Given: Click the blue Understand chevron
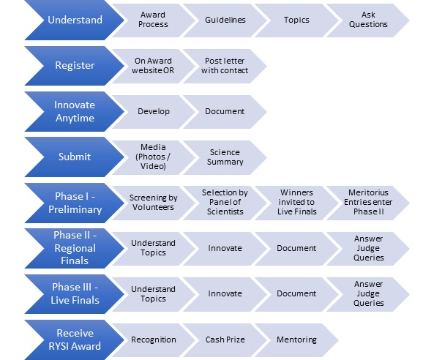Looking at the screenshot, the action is [x=75, y=20].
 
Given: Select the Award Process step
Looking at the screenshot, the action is [x=153, y=20].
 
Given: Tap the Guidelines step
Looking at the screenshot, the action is [x=225, y=20].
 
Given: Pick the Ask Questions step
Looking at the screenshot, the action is [x=368, y=20].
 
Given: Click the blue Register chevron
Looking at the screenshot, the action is [x=75, y=66].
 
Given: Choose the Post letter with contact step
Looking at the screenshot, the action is [x=225, y=66].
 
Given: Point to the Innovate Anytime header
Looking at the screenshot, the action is [x=75, y=111].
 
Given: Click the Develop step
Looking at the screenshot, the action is [x=153, y=111].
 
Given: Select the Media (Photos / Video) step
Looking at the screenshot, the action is [x=153, y=157].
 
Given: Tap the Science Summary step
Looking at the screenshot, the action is [x=225, y=157].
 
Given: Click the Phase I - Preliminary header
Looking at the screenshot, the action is [x=75, y=203].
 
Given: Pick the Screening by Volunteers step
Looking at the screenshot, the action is [x=153, y=203].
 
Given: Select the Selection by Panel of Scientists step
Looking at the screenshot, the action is [x=225, y=203].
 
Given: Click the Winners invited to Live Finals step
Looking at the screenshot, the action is [x=296, y=203].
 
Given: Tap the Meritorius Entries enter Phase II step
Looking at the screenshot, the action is [x=368, y=203].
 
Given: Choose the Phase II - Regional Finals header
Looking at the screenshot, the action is [x=75, y=248].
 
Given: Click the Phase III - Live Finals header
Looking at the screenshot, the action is [x=75, y=294].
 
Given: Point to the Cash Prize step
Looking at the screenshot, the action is [x=225, y=340].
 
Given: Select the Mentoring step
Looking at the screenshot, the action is [x=296, y=340].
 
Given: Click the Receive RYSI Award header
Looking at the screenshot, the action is [x=75, y=340].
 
